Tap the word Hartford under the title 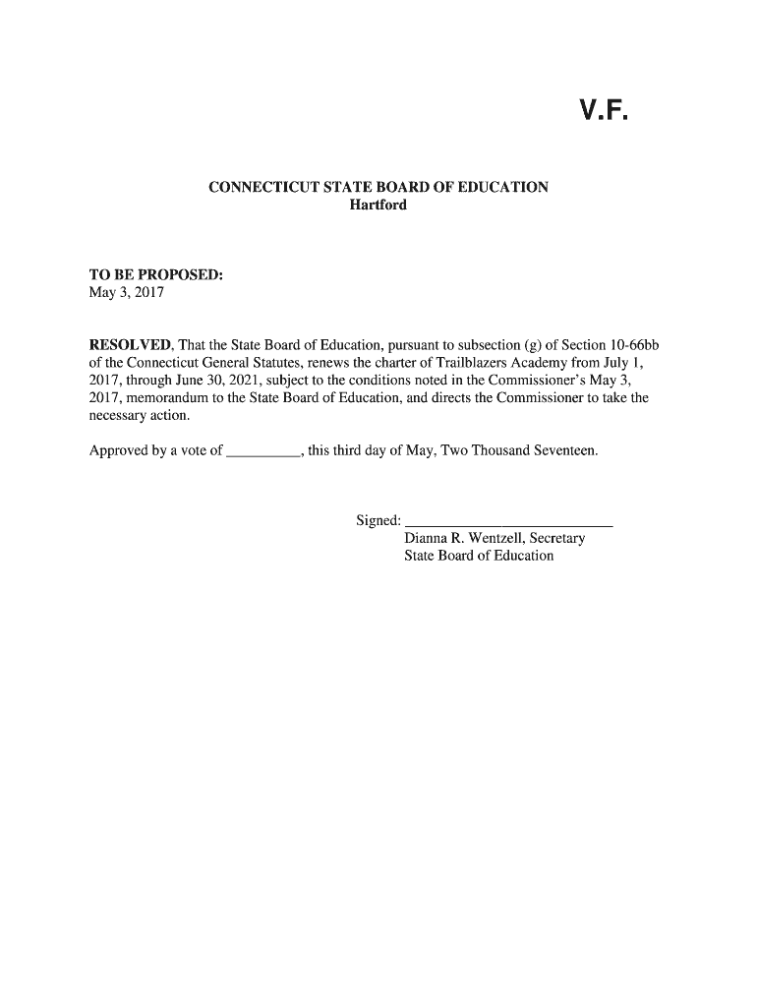click(x=378, y=206)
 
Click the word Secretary click(x=555, y=538)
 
